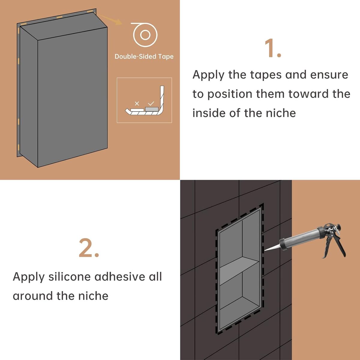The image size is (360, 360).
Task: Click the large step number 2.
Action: coord(89,248)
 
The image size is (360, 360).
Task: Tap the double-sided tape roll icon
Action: coord(144,34)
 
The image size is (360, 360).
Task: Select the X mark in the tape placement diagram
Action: coord(137,103)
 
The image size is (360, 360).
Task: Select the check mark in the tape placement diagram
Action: coord(151,103)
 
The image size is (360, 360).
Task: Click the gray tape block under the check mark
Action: coord(152,109)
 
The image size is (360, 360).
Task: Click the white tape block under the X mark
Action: coord(137,110)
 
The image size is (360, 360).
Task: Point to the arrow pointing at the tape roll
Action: coord(110,19)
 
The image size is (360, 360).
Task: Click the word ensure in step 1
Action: coord(329,75)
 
